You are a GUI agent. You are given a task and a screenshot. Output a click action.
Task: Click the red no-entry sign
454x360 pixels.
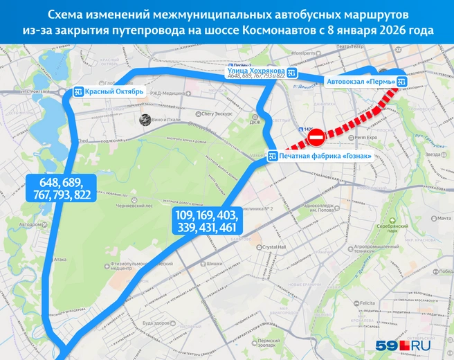tap(314, 140)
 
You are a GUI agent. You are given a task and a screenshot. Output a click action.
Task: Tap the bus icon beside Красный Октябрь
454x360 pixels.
tap(80, 91)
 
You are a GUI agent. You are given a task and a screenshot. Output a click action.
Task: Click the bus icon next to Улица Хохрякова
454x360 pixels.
tap(293, 73)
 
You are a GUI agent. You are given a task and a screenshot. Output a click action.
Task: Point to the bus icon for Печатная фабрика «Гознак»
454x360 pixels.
tap(273, 154)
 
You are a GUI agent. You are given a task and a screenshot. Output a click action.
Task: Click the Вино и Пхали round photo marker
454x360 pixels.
tap(146, 119)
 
